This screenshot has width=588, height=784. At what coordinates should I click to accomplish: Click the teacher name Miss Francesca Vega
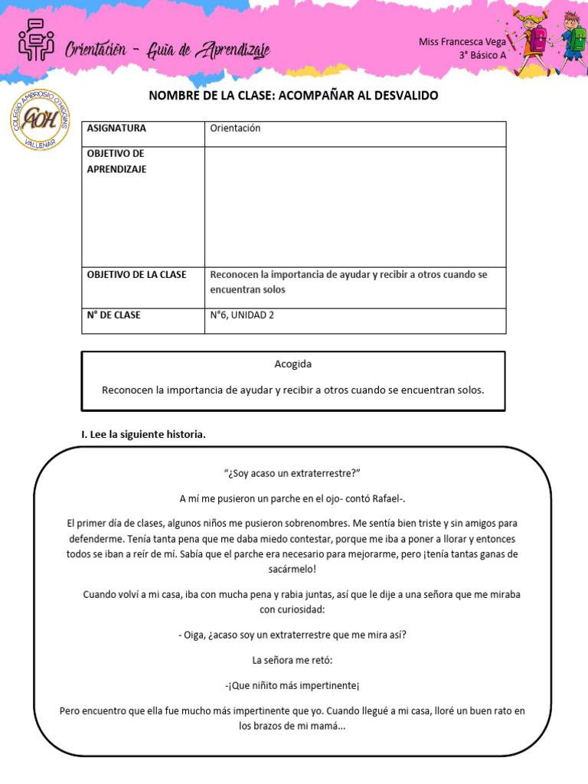pos(462,42)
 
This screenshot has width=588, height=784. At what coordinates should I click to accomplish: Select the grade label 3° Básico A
pos(482,55)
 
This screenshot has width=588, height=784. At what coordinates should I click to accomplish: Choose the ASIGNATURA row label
pos(116,129)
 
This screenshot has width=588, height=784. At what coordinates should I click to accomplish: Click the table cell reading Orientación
pos(235,129)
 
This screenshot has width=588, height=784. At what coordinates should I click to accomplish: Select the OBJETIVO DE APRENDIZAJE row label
pos(116,162)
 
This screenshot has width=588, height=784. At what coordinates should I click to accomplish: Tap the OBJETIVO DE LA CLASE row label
pos(136,275)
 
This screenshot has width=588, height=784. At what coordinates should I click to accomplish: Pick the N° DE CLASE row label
pos(113,315)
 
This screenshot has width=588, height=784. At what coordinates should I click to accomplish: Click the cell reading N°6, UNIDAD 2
pos(242,315)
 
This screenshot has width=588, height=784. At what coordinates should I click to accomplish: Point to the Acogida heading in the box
pos(293,364)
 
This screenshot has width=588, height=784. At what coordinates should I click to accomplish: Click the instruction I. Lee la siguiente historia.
pos(144,434)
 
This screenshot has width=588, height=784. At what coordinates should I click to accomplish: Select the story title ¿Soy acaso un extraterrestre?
pos(293,473)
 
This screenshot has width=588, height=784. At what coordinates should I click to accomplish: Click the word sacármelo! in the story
pos(293,570)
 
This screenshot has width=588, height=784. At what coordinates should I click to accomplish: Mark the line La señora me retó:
pos(293,659)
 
